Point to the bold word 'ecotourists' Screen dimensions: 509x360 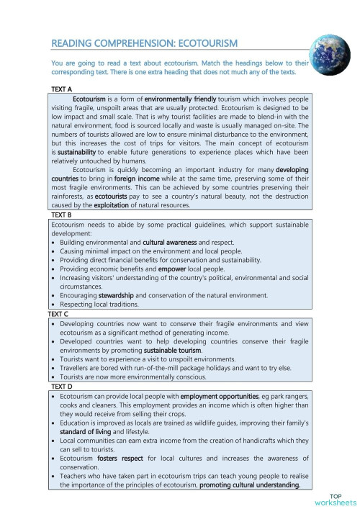pos(115,196)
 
